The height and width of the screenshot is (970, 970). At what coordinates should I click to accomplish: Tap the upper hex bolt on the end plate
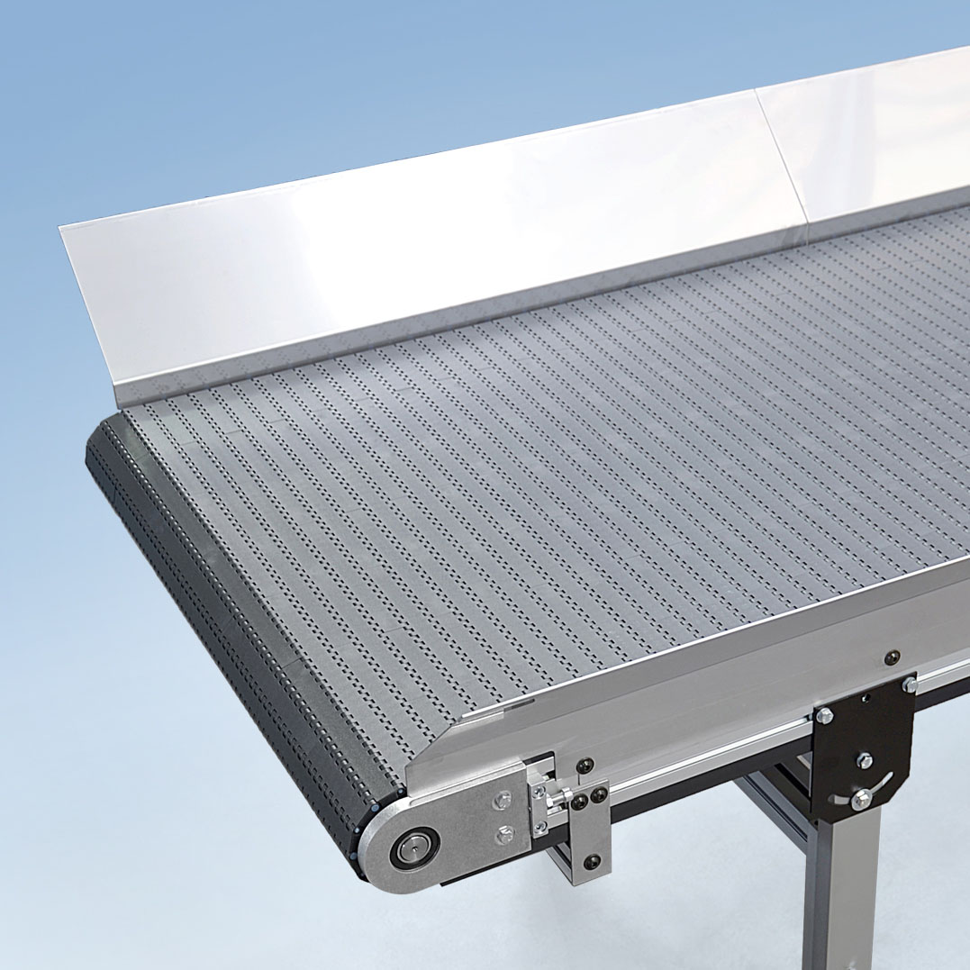[x=503, y=799]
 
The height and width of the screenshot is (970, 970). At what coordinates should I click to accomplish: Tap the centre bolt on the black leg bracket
[x=864, y=759]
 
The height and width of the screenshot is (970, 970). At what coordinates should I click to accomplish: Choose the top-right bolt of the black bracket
[x=910, y=686]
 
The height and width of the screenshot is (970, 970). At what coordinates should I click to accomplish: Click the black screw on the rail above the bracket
[x=891, y=657]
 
